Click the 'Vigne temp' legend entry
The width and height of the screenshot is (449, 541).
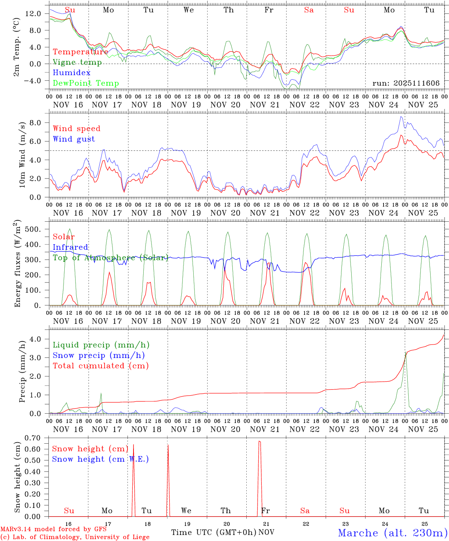(77, 62)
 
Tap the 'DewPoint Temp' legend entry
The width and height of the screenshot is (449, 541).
(86, 83)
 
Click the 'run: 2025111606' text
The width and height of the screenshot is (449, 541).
(406, 83)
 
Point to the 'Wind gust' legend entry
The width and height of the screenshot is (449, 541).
(74, 139)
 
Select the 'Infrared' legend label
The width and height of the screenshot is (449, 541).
(70, 247)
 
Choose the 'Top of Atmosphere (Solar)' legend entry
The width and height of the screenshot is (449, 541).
(110, 258)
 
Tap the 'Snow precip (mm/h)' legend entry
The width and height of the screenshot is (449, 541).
(99, 355)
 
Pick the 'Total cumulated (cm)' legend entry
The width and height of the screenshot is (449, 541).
(100, 366)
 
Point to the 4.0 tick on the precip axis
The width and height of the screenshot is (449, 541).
(37, 339)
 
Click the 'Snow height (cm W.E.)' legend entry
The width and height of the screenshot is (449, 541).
(100, 459)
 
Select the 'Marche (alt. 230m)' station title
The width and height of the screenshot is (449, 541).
(393, 533)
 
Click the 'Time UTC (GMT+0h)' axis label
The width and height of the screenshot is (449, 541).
(214, 532)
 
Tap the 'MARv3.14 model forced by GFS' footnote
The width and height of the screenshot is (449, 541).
(53, 529)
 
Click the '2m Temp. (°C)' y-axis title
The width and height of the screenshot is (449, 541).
(17, 46)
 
